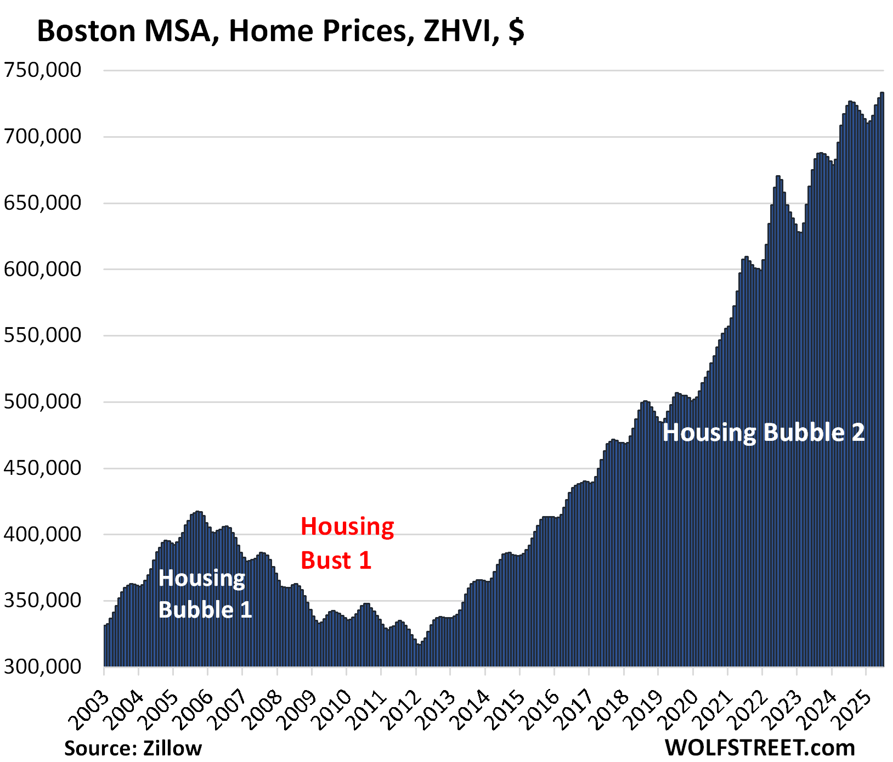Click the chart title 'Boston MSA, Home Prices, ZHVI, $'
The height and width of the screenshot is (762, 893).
tap(280, 31)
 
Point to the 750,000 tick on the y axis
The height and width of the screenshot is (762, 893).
tap(42, 70)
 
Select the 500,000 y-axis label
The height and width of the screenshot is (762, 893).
tap(42, 402)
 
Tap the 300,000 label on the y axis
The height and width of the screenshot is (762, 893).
tap(42, 667)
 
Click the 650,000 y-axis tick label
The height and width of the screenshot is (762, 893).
tap(42, 203)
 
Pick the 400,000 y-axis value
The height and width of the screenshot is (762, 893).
tap(42, 534)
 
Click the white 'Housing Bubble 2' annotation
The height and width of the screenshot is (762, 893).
tap(763, 433)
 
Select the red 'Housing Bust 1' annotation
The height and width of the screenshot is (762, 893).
tap(347, 543)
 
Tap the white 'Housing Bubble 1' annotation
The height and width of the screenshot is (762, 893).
tap(205, 593)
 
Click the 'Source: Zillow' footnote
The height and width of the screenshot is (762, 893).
tap(133, 748)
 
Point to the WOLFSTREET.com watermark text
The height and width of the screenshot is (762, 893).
tap(760, 748)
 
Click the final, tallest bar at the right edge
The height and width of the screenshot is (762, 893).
tap(882, 384)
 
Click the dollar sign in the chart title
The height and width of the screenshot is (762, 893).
tap(516, 31)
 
